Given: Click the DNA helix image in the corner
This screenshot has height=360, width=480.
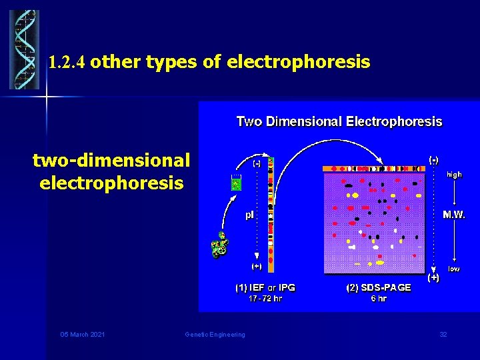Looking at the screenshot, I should pos(25,49).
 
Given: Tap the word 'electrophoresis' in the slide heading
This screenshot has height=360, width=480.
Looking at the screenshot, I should pos(298,63).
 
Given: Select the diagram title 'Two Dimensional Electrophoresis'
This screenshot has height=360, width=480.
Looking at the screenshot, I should pos(339,121).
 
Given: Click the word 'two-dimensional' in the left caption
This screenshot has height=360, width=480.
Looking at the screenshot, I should pos(111,160).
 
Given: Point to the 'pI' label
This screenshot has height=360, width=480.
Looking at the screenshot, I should pos(250,215).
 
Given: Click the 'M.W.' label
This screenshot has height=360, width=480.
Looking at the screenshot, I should pos(454,215).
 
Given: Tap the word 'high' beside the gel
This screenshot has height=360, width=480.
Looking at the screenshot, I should pos(454,174).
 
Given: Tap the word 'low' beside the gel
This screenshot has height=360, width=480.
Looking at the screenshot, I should pos(454,269).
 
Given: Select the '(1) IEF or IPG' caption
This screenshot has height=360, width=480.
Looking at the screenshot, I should pos(265,287).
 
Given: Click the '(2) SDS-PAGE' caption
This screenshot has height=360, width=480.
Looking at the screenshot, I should pos(379,287).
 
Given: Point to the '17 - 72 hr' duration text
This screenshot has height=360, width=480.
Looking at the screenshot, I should pos(265,299).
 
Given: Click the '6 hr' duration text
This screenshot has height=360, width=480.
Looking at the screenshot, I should pos(378,299).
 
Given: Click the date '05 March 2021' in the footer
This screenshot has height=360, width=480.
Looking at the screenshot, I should pos(82,334).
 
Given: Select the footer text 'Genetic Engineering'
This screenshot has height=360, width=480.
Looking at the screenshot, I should pos(215,334).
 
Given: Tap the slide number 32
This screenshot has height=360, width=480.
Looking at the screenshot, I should pos(443,334).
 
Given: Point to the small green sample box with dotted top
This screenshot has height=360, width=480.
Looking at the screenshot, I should pos(235,183).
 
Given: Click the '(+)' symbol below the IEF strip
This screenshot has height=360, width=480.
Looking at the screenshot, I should pos(256,265).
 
